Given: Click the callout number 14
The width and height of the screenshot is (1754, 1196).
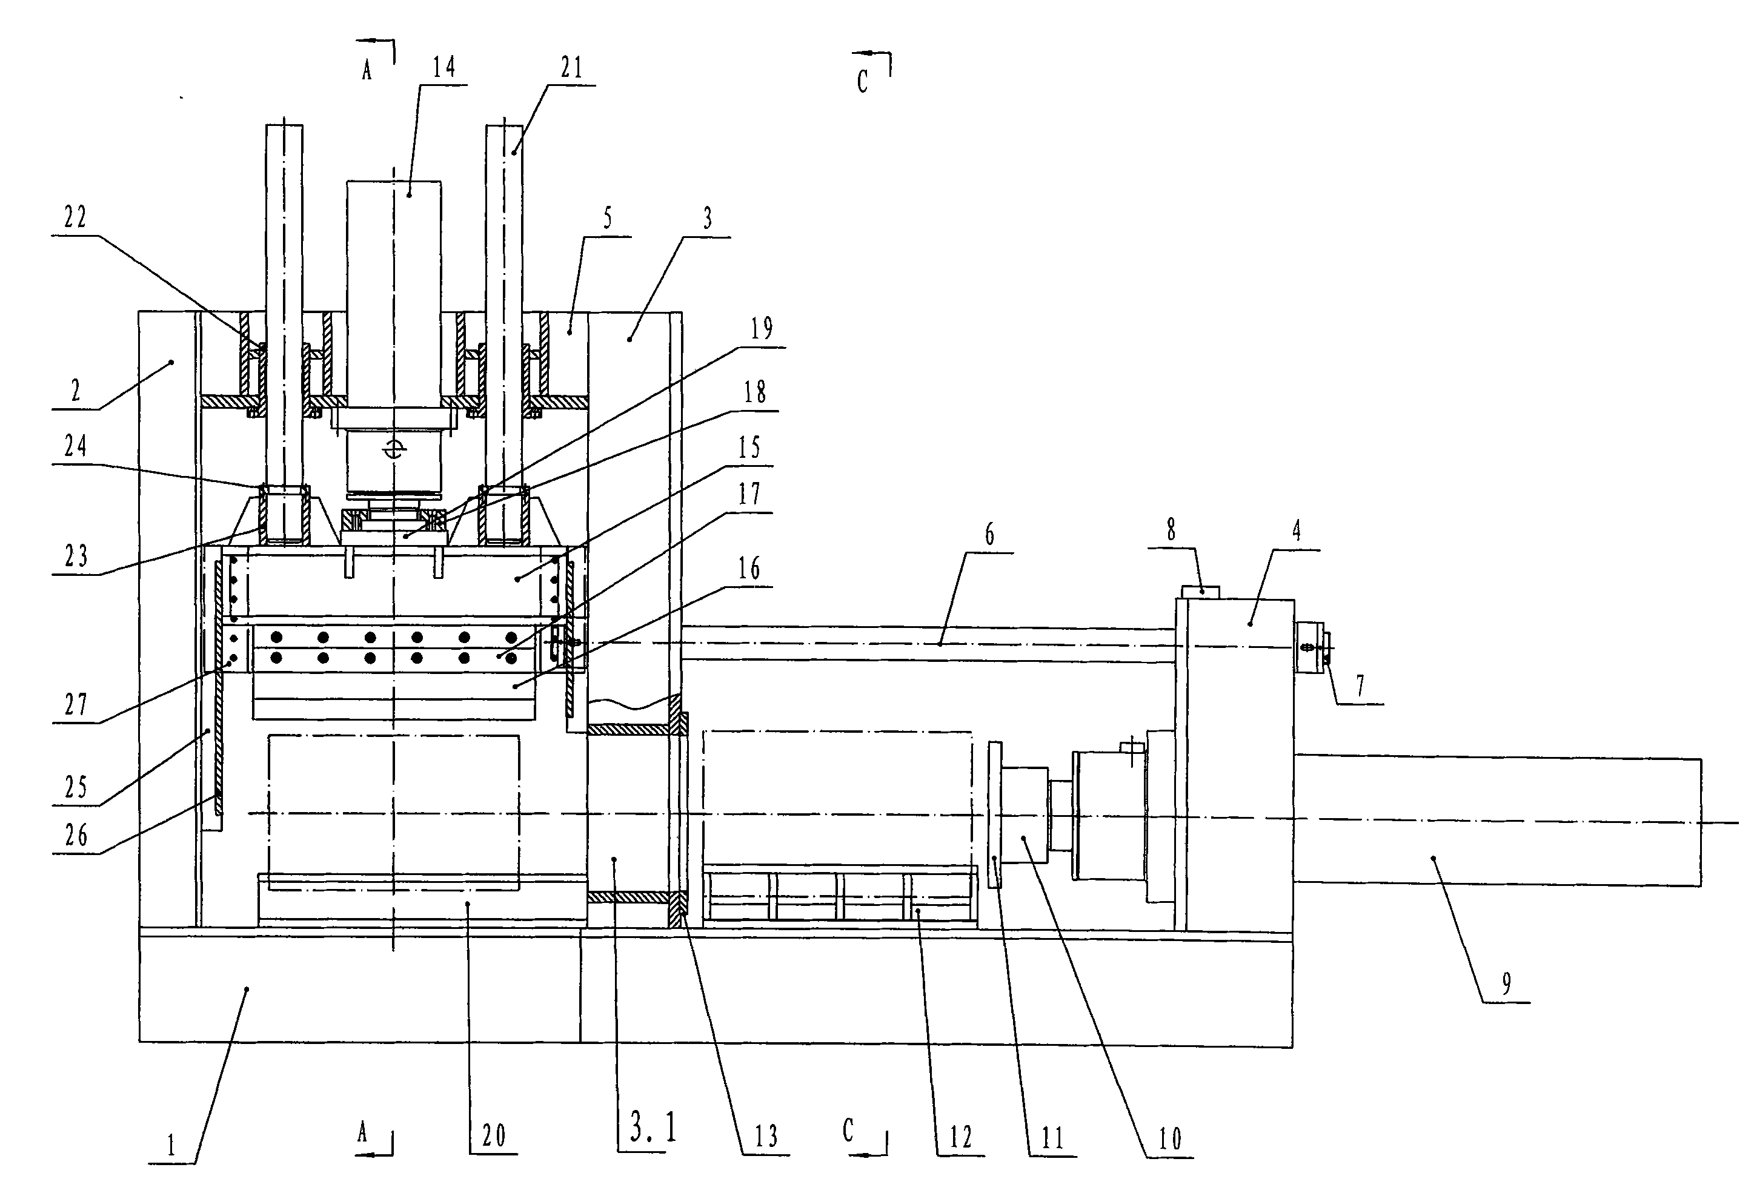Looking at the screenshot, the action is pyautogui.click(x=443, y=68).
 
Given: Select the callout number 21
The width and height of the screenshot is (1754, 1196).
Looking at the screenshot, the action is pyautogui.click(x=572, y=68).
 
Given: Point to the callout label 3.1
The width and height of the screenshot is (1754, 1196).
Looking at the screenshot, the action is pyautogui.click(x=653, y=1128).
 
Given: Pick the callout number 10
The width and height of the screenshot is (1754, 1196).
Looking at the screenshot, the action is pyautogui.click(x=1170, y=1138).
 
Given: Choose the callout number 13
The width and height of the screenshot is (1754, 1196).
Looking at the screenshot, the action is pyautogui.click(x=766, y=1137).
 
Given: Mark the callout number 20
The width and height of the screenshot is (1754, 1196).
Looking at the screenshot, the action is pyautogui.click(x=494, y=1135).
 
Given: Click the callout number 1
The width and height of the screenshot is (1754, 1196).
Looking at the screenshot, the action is pyautogui.click(x=171, y=1146).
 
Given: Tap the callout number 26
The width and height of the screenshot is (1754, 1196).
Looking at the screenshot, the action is pyautogui.click(x=76, y=835).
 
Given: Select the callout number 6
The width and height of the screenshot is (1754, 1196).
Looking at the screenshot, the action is pyautogui.click(x=989, y=534).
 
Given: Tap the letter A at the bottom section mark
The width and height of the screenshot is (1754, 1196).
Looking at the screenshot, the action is pyautogui.click(x=363, y=1132).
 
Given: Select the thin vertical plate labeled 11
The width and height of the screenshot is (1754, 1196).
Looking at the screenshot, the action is pyautogui.click(x=995, y=815).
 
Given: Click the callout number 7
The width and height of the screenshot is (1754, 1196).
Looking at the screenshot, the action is pyautogui.click(x=1360, y=686).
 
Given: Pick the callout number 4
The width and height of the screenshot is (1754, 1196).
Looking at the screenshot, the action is pyautogui.click(x=1296, y=531).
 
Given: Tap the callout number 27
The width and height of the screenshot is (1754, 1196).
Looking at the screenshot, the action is pyautogui.click(x=76, y=705).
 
